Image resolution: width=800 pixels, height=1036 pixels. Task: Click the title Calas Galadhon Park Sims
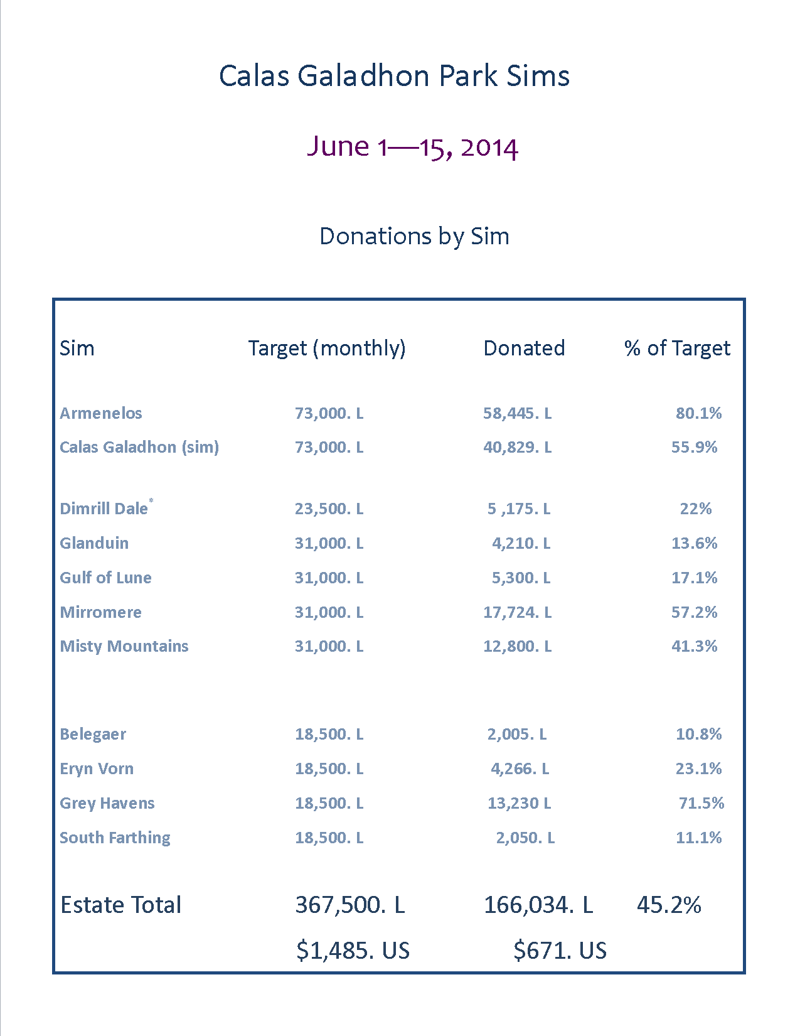394,76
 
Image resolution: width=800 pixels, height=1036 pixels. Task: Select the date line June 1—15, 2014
412,147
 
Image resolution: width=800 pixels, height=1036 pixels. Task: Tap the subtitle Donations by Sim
414,236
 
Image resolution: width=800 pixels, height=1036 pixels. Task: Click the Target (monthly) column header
327,348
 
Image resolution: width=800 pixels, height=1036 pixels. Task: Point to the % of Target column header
677,348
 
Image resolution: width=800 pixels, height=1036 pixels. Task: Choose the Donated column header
524,348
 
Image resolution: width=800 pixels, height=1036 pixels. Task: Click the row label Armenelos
101,413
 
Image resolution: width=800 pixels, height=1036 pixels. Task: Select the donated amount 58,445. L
517,413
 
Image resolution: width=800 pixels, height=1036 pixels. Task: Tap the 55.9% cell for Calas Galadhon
694,447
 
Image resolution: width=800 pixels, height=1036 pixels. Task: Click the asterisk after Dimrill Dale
151,501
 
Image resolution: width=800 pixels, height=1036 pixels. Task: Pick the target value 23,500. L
329,509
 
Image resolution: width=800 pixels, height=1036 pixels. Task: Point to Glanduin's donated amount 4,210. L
521,543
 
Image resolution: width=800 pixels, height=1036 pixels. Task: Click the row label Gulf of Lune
105,578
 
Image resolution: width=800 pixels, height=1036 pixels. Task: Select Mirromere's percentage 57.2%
694,612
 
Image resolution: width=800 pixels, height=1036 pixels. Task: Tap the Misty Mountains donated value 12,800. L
517,646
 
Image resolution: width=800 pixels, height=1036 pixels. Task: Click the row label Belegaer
93,734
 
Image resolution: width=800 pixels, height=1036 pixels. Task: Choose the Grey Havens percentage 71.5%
701,803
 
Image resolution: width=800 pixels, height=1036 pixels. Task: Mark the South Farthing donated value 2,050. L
525,838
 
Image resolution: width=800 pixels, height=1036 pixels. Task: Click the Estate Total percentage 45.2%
669,905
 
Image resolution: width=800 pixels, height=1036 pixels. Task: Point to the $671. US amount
560,951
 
